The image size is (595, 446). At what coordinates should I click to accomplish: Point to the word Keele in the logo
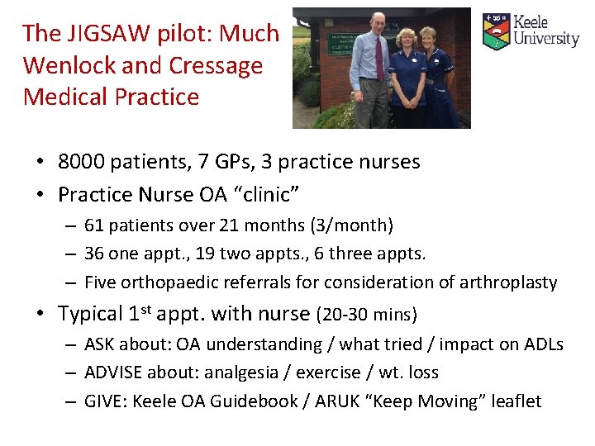[531, 22]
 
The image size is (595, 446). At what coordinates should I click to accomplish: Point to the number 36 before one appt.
[95, 254]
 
